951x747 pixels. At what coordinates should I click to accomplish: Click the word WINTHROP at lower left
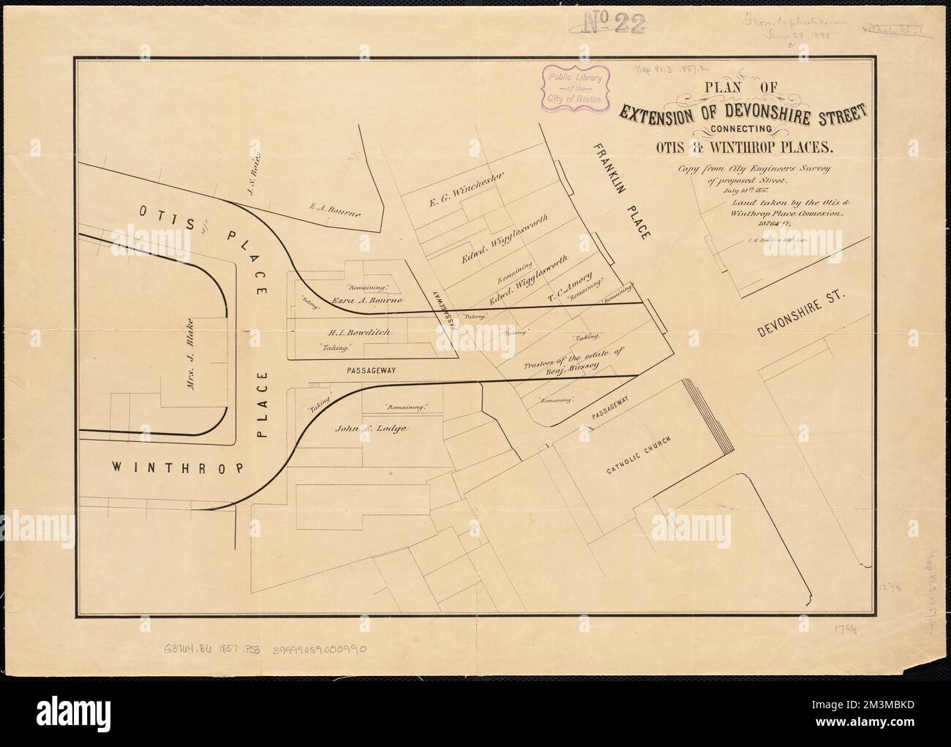(178, 468)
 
